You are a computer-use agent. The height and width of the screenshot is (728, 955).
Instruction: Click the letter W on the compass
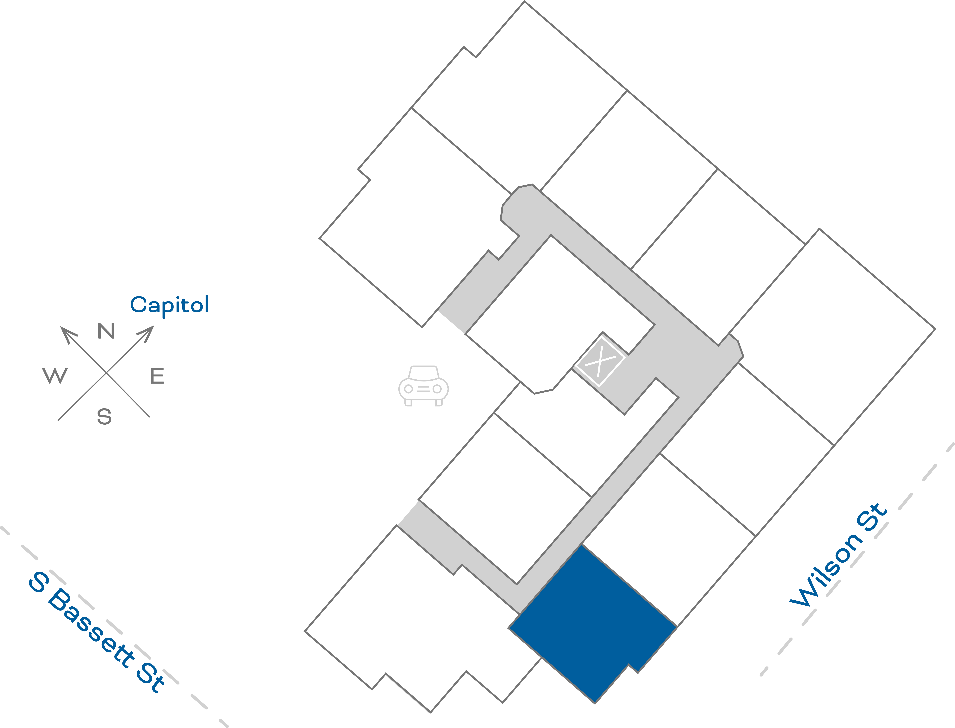(x=55, y=375)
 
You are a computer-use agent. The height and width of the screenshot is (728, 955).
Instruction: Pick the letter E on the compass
(x=157, y=376)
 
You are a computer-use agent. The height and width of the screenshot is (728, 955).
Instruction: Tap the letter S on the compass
(x=104, y=416)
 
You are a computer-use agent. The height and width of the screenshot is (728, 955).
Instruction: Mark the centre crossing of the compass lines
(x=106, y=373)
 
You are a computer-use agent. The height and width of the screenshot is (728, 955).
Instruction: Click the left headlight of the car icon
(x=408, y=389)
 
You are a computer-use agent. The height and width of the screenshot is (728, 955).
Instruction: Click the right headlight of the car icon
(x=437, y=389)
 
